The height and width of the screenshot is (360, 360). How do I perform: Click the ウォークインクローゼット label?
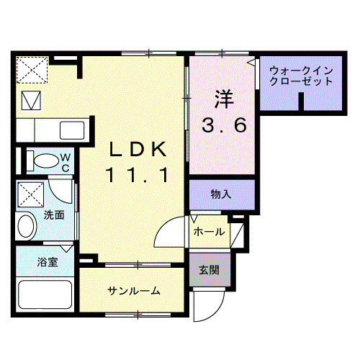pos(302,76)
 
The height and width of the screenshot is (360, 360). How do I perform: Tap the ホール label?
pos(210,231)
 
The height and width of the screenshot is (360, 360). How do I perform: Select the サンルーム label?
pos(134,291)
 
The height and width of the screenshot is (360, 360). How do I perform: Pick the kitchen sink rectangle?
pos(71,130)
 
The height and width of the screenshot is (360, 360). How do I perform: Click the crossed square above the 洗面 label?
pos(30,193)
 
